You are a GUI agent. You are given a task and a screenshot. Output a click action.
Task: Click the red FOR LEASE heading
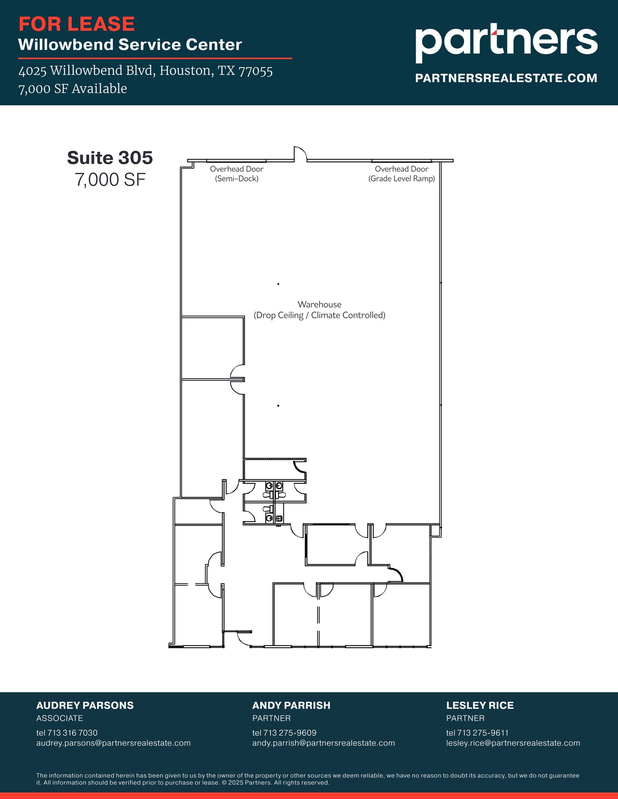pyautogui.click(x=77, y=24)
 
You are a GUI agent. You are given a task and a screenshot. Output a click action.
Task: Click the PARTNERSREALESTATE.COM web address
pyautogui.click(x=506, y=78)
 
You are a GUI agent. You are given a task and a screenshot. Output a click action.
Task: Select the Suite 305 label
pyautogui.click(x=110, y=158)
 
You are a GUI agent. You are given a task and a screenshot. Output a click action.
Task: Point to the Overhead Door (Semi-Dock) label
pyautogui.click(x=237, y=174)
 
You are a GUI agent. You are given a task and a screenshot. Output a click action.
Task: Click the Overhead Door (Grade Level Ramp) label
pyautogui.click(x=401, y=174)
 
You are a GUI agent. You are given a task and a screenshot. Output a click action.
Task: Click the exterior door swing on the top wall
pyautogui.click(x=300, y=153)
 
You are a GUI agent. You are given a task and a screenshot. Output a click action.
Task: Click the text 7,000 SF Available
pyautogui.click(x=73, y=89)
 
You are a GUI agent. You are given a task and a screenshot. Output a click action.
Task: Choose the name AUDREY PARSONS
pyautogui.click(x=85, y=705)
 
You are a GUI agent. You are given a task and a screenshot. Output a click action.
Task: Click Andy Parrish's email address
pyautogui.click(x=323, y=743)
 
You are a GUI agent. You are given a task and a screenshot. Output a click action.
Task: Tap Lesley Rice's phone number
pyautogui.click(x=477, y=733)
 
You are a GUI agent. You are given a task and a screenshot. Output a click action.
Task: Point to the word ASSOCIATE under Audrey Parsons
pyautogui.click(x=59, y=718)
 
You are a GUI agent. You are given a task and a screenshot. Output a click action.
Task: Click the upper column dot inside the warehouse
pyautogui.click(x=278, y=284)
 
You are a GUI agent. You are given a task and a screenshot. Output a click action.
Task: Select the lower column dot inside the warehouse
pyautogui.click(x=278, y=406)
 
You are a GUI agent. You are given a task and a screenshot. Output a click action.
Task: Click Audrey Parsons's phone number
pyautogui.click(x=67, y=733)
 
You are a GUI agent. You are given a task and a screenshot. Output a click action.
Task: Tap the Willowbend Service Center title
pyautogui.click(x=130, y=45)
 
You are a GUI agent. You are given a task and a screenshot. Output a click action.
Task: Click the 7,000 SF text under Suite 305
pyautogui.click(x=110, y=180)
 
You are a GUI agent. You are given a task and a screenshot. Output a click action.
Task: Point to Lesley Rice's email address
pyautogui.click(x=513, y=743)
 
